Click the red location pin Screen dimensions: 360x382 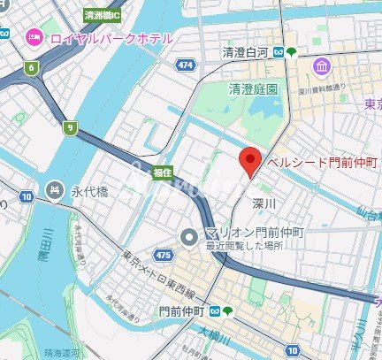click(x=250, y=162)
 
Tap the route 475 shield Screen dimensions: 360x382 click(x=162, y=255)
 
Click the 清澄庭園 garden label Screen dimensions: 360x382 click(x=254, y=89)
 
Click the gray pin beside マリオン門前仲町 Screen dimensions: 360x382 click(x=188, y=236)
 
